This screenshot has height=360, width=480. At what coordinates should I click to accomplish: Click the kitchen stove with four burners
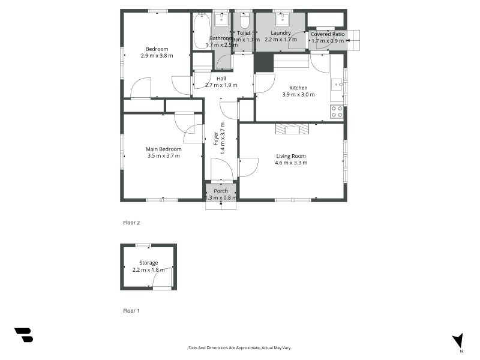[x=337, y=111]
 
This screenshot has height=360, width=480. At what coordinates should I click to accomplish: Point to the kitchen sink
[x=337, y=84]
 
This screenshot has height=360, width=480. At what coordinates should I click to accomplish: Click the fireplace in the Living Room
[x=292, y=128]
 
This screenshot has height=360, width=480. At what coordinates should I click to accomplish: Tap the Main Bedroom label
[x=164, y=149]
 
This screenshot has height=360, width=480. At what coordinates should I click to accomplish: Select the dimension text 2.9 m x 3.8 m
[x=157, y=56]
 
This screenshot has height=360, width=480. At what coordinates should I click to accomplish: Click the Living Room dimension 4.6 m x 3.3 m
[x=291, y=163]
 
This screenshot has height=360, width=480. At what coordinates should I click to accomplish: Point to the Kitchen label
[x=298, y=88]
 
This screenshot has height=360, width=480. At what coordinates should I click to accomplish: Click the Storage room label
[x=148, y=263]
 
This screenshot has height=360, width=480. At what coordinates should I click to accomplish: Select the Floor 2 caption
[x=131, y=223]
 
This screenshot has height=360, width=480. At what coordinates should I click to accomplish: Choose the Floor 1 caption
[x=131, y=311]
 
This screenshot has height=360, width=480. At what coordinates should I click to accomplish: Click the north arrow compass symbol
[x=458, y=341]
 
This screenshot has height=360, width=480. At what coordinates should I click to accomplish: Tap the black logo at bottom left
[x=23, y=335]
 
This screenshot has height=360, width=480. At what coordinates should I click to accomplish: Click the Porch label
[x=220, y=191]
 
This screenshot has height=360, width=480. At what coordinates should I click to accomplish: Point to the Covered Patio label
[x=328, y=34]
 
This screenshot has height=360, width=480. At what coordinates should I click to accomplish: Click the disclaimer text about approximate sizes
[x=240, y=347]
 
